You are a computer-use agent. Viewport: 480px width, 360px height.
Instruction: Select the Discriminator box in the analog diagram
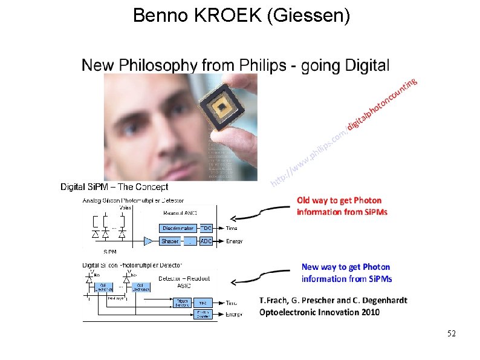click(178, 228)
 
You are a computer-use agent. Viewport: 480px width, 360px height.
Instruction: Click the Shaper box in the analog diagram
click(170, 241)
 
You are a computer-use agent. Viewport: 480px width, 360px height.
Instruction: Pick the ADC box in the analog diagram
click(206, 241)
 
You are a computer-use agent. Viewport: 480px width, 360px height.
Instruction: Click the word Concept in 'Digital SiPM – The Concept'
click(152, 187)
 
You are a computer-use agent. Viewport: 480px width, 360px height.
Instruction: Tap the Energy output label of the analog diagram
click(234, 241)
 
